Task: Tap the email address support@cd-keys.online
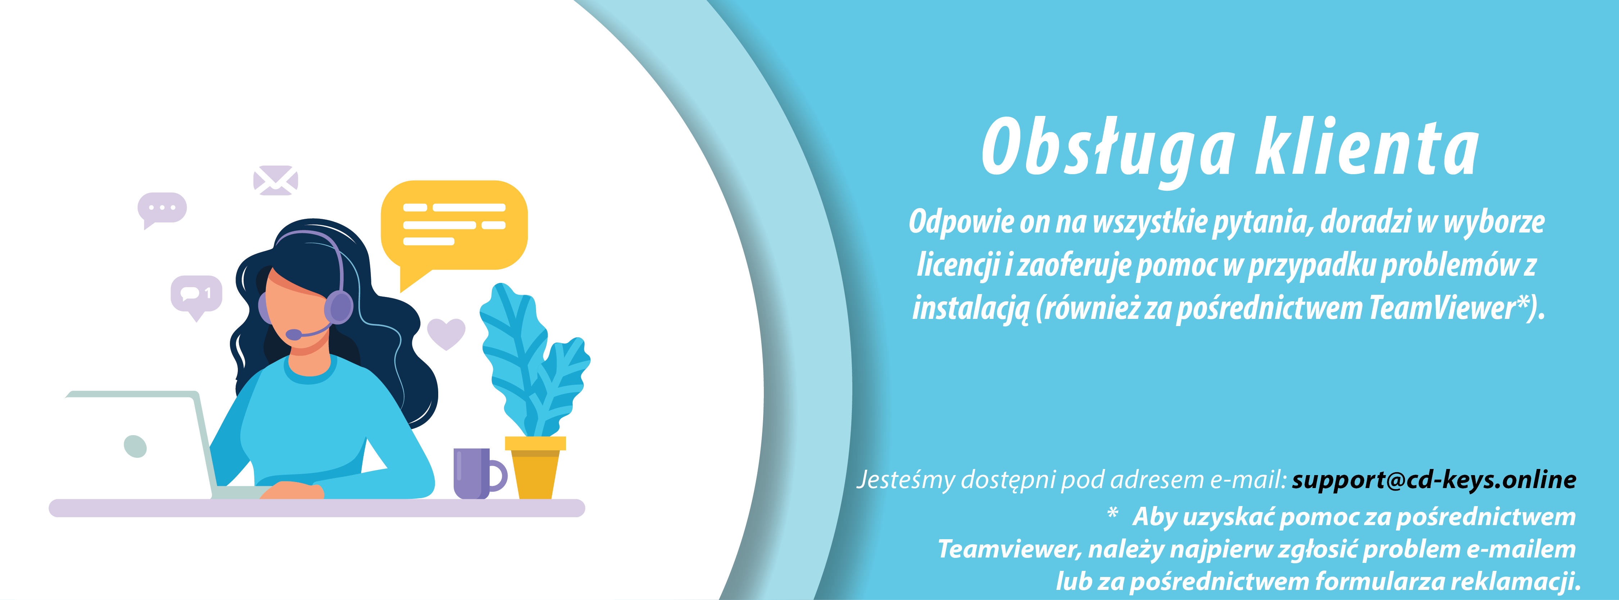point(1434,480)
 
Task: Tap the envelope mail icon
point(275,180)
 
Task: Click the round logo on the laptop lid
point(135,446)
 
